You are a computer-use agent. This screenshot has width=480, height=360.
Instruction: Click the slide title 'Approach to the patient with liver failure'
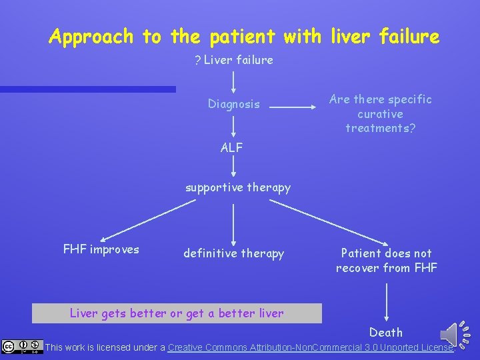click(x=244, y=36)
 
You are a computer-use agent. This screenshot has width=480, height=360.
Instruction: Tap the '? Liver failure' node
click(x=233, y=60)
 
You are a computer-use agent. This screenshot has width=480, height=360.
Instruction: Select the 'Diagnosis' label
click(x=233, y=104)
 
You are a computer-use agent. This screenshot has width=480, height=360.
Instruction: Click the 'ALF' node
click(x=232, y=147)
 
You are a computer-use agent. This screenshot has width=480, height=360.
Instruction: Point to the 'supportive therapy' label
click(x=238, y=187)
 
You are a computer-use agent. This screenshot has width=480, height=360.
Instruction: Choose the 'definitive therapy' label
click(x=233, y=253)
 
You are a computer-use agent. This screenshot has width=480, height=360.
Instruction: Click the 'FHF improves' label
click(x=101, y=249)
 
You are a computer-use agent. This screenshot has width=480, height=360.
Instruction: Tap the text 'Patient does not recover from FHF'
click(x=387, y=260)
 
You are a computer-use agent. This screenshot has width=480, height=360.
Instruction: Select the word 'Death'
click(x=386, y=332)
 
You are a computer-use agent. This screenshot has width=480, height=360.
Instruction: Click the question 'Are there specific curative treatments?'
click(x=381, y=113)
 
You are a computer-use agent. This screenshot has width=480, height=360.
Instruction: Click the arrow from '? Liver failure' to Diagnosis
click(x=233, y=81)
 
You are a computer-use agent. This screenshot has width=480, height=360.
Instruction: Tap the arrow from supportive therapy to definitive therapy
click(x=233, y=223)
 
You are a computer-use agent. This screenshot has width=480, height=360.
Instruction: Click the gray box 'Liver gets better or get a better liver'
click(x=177, y=313)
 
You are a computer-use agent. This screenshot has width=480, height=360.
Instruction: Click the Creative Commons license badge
click(x=22, y=347)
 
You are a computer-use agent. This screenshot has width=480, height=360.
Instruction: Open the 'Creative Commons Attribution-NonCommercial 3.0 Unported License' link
click(x=311, y=347)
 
